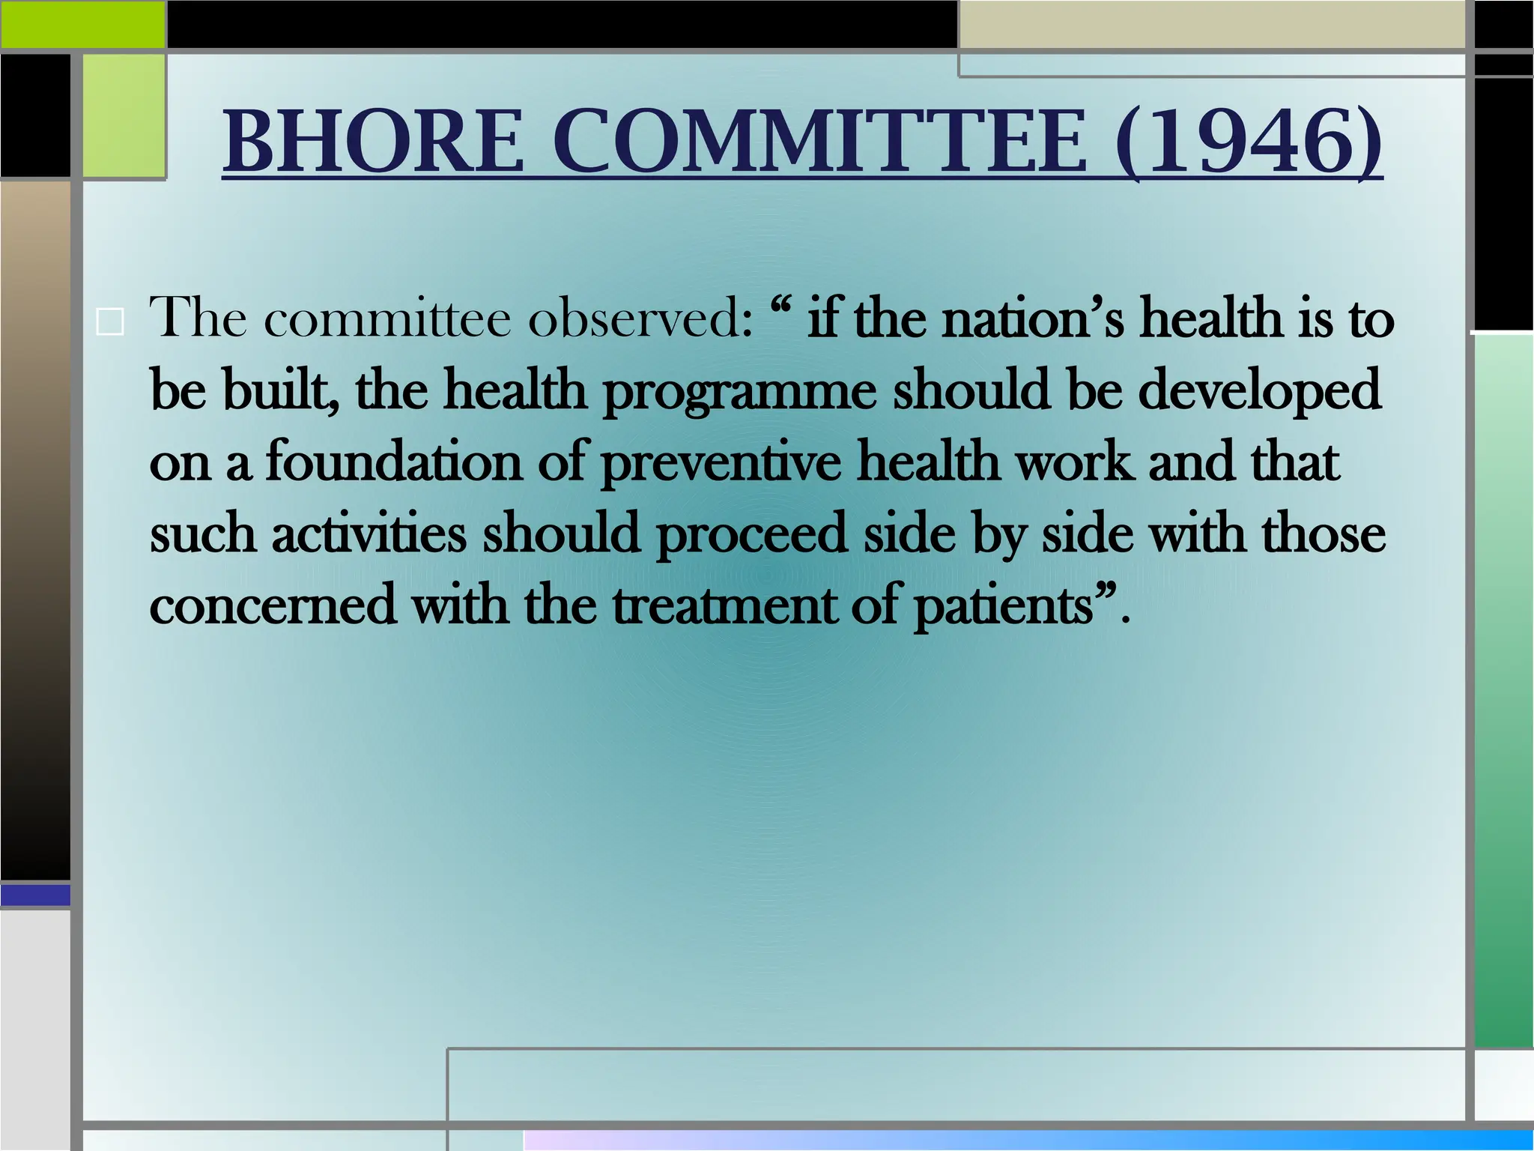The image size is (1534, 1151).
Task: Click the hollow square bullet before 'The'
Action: coord(111,323)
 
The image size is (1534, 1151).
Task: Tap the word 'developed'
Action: coord(1259,390)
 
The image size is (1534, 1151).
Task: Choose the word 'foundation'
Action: coord(394,462)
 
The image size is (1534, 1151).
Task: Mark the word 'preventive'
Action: coord(721,463)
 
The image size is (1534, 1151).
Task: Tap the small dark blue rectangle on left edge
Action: coord(35,895)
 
